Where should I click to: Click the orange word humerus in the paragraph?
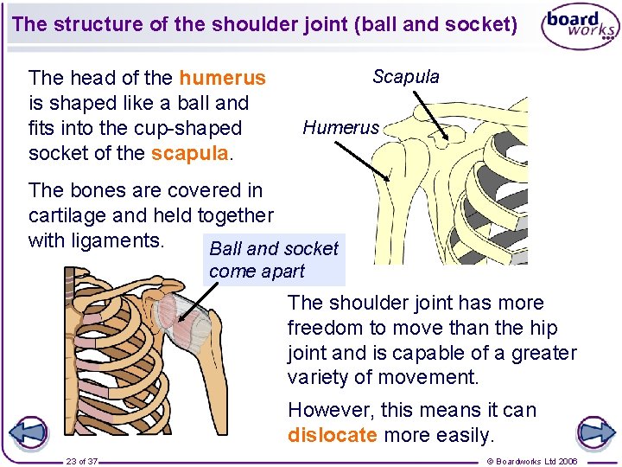[222, 79]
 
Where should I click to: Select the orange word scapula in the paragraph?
[189, 154]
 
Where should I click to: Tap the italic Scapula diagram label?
[405, 77]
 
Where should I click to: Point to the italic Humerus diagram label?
[340, 128]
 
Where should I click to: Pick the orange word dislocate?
[332, 435]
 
